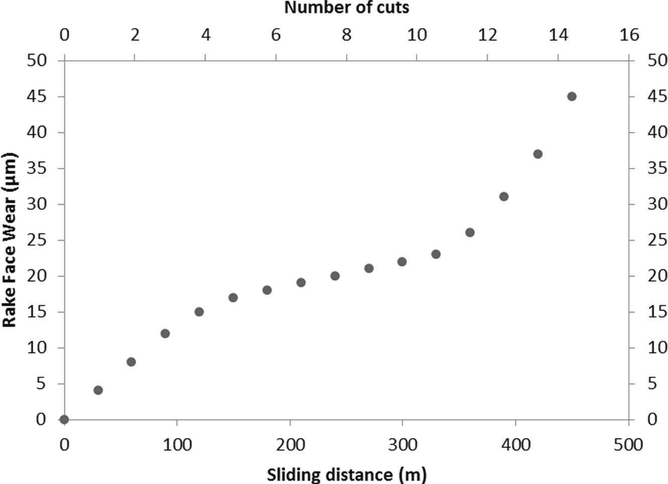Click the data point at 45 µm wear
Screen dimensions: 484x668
(572, 96)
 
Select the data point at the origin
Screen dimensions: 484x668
(64, 419)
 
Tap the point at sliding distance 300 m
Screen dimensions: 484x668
(402, 262)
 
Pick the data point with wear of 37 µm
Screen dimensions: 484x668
(538, 154)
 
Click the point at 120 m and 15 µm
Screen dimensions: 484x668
(199, 312)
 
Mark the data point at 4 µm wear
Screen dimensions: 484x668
(98, 390)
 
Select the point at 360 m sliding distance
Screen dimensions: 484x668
(470, 232)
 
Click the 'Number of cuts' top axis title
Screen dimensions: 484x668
(347, 8)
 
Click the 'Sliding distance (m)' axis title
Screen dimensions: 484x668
(346, 474)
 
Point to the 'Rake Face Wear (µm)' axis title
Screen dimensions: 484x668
(10, 240)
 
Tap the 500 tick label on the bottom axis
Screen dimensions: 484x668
(628, 445)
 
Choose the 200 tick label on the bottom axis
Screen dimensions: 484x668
(290, 445)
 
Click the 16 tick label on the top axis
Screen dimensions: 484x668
(629, 35)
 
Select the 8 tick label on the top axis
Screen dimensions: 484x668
(346, 35)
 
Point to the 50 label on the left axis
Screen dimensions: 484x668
(36, 60)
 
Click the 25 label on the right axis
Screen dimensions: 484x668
(657, 240)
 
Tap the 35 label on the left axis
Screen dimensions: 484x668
(36, 168)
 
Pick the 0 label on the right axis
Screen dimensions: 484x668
(652, 419)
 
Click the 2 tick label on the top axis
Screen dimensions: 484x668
(135, 35)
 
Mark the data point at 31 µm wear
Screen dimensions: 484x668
(504, 196)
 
